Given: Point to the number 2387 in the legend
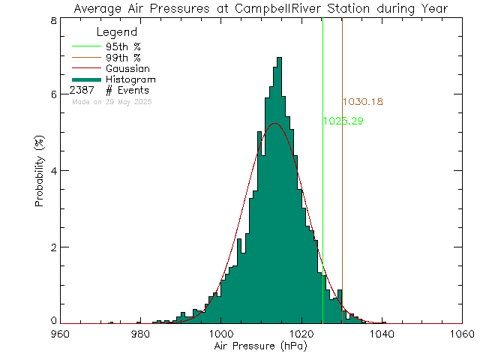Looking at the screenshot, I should coord(83,90).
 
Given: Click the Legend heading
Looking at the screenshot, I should coord(117,32).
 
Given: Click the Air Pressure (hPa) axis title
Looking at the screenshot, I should coord(261,348).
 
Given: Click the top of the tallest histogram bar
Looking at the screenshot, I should coord(279,58).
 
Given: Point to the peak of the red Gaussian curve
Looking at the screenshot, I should coord(275,123).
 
